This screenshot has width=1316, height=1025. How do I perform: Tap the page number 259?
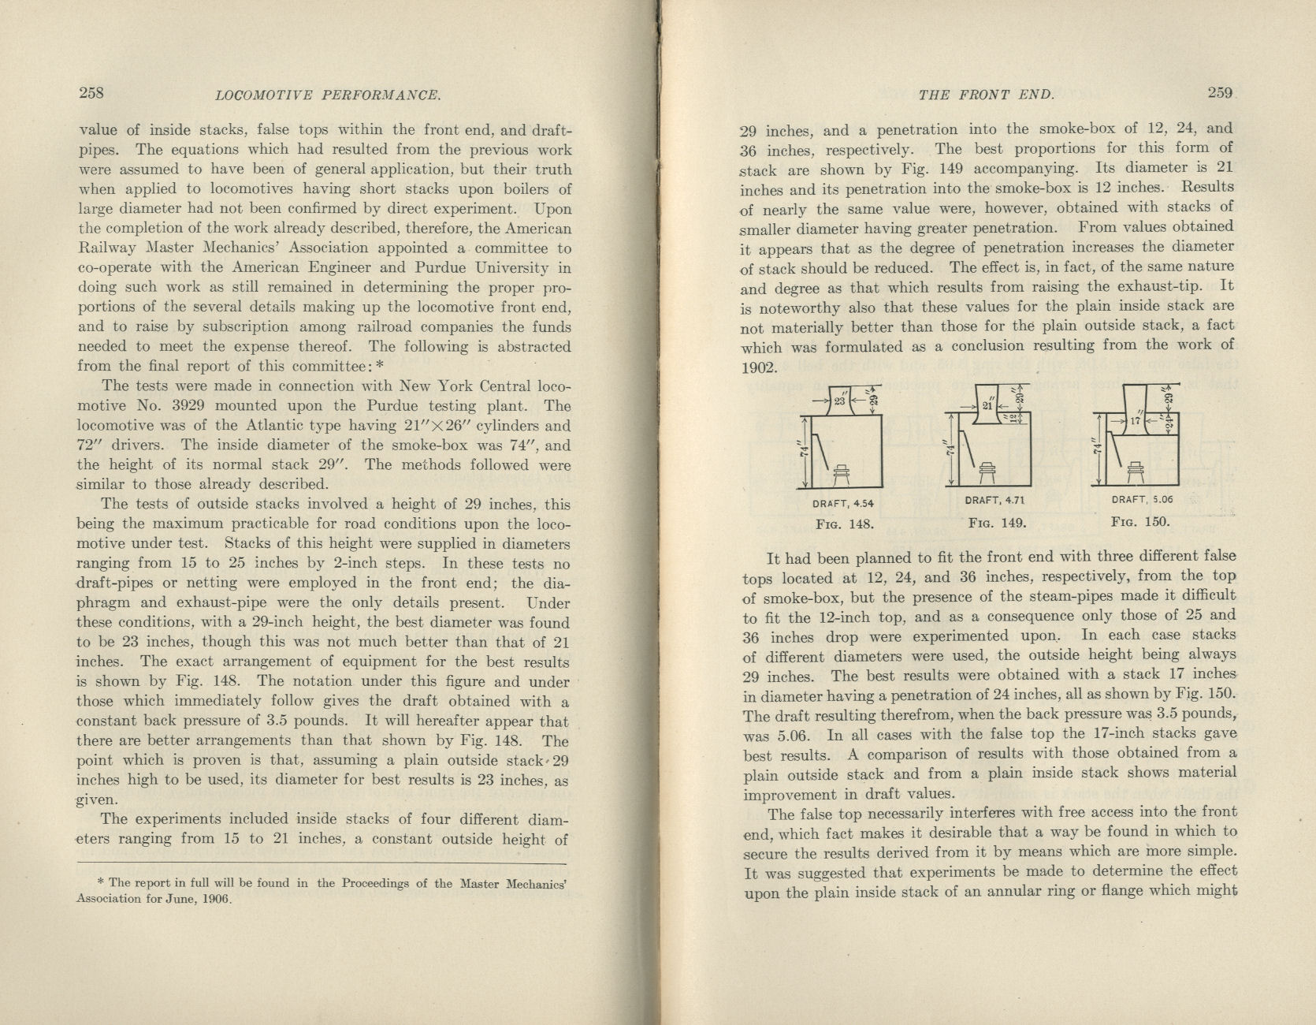pos(1220,92)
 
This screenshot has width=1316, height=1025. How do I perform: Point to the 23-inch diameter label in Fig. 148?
pos(839,401)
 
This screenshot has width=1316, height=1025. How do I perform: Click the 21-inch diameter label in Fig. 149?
pos(986,406)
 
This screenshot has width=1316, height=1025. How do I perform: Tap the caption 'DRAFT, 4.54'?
pos(843,503)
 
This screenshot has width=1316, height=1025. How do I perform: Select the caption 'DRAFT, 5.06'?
pos(1141,499)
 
